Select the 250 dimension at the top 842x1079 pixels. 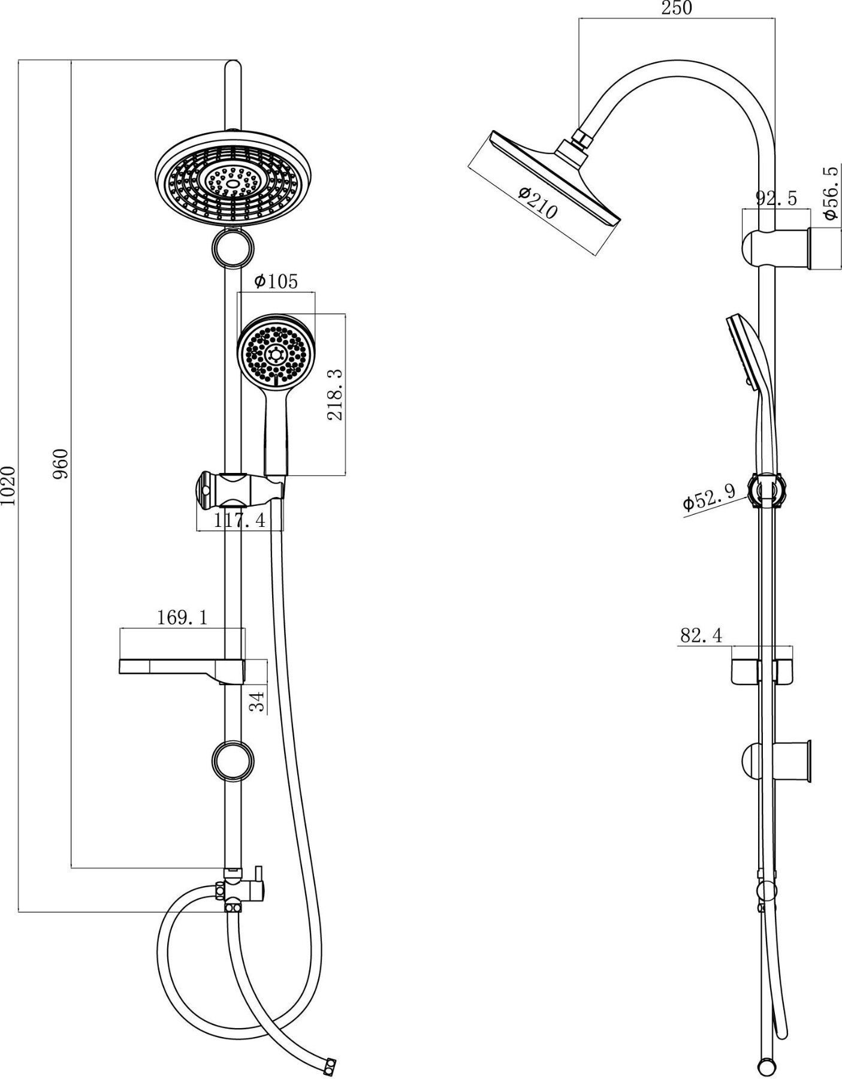pyautogui.click(x=677, y=8)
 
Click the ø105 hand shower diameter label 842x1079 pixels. pyautogui.click(x=276, y=281)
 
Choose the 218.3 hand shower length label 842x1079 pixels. pyautogui.click(x=336, y=394)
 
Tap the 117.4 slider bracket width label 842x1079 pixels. pyautogui.click(x=240, y=520)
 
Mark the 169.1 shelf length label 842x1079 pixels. pyautogui.click(x=182, y=618)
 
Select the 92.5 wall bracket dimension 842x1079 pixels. pyautogui.click(x=776, y=198)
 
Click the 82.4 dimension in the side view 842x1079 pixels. pyautogui.click(x=701, y=635)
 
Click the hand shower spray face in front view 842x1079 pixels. pyautogui.click(x=276, y=351)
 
